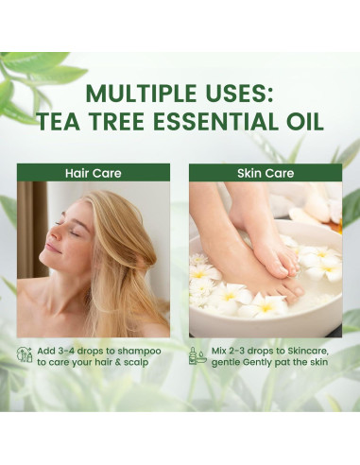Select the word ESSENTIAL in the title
tap(218, 122)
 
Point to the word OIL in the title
tap(303, 122)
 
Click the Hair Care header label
tap(94, 173)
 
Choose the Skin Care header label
tap(265, 173)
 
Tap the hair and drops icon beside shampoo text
tap(25, 355)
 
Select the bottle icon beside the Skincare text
tap(196, 355)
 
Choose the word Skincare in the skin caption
tap(308, 350)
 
